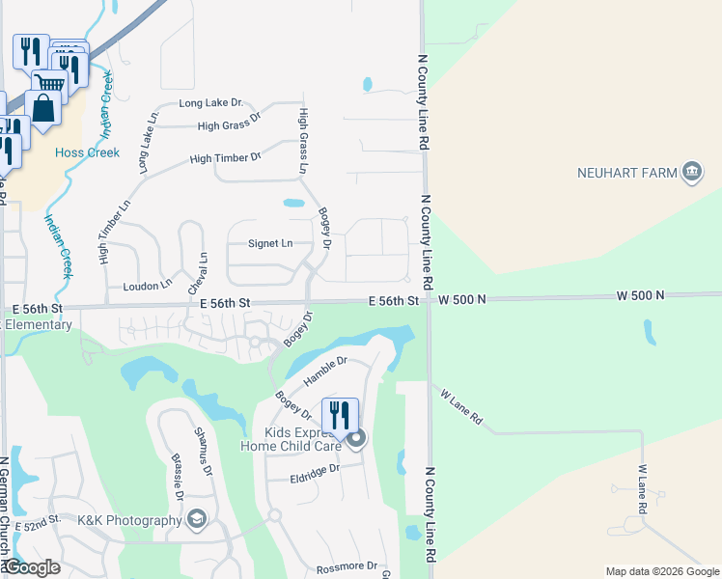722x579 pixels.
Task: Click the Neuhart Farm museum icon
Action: coord(691,173)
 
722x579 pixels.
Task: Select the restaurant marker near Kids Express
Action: coord(340,415)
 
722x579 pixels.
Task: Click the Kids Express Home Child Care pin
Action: coord(356,440)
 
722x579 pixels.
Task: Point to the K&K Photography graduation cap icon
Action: coord(198,520)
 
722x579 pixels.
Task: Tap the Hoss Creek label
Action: coord(87,152)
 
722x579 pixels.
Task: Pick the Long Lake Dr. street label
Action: coord(210,103)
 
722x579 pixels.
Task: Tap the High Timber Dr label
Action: coord(226,158)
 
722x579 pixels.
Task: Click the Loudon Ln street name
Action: coord(147,286)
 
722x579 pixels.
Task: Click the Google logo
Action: coord(32,567)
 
